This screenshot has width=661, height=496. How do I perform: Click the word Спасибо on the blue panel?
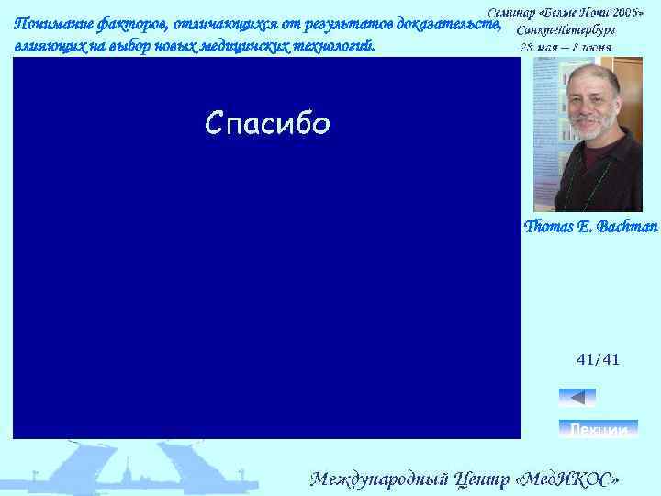(267, 123)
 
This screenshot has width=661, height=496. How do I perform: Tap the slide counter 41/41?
(598, 360)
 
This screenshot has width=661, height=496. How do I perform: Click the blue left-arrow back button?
(577, 398)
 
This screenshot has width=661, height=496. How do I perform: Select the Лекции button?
(599, 429)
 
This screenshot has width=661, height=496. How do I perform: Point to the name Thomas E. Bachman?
(590, 226)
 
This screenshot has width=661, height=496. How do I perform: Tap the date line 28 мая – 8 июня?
(566, 47)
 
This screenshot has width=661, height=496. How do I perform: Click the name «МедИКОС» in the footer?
(569, 479)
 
